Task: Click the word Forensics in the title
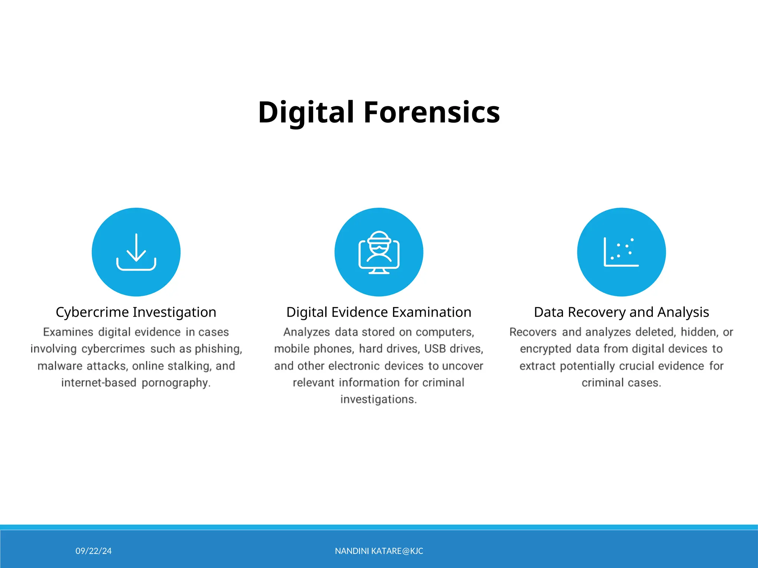click(432, 112)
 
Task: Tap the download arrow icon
click(136, 252)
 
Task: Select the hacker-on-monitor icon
click(379, 252)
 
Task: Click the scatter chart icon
click(621, 252)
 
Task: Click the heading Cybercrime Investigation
click(136, 312)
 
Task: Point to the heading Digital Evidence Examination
click(379, 312)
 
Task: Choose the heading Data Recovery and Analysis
click(621, 312)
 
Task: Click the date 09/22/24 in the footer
click(94, 551)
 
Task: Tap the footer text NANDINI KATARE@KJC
click(379, 551)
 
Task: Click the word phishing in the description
click(218, 349)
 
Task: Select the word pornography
click(176, 383)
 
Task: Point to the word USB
click(435, 349)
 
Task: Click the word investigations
click(379, 399)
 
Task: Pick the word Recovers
click(533, 332)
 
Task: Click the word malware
click(60, 366)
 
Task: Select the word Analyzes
click(306, 332)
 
